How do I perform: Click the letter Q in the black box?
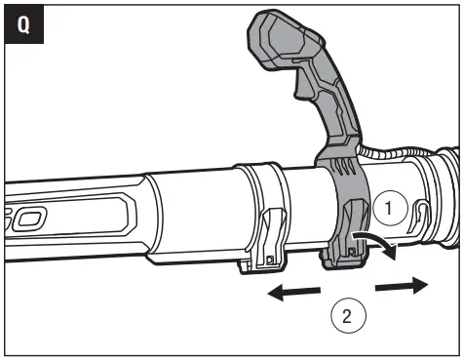point(22,22)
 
